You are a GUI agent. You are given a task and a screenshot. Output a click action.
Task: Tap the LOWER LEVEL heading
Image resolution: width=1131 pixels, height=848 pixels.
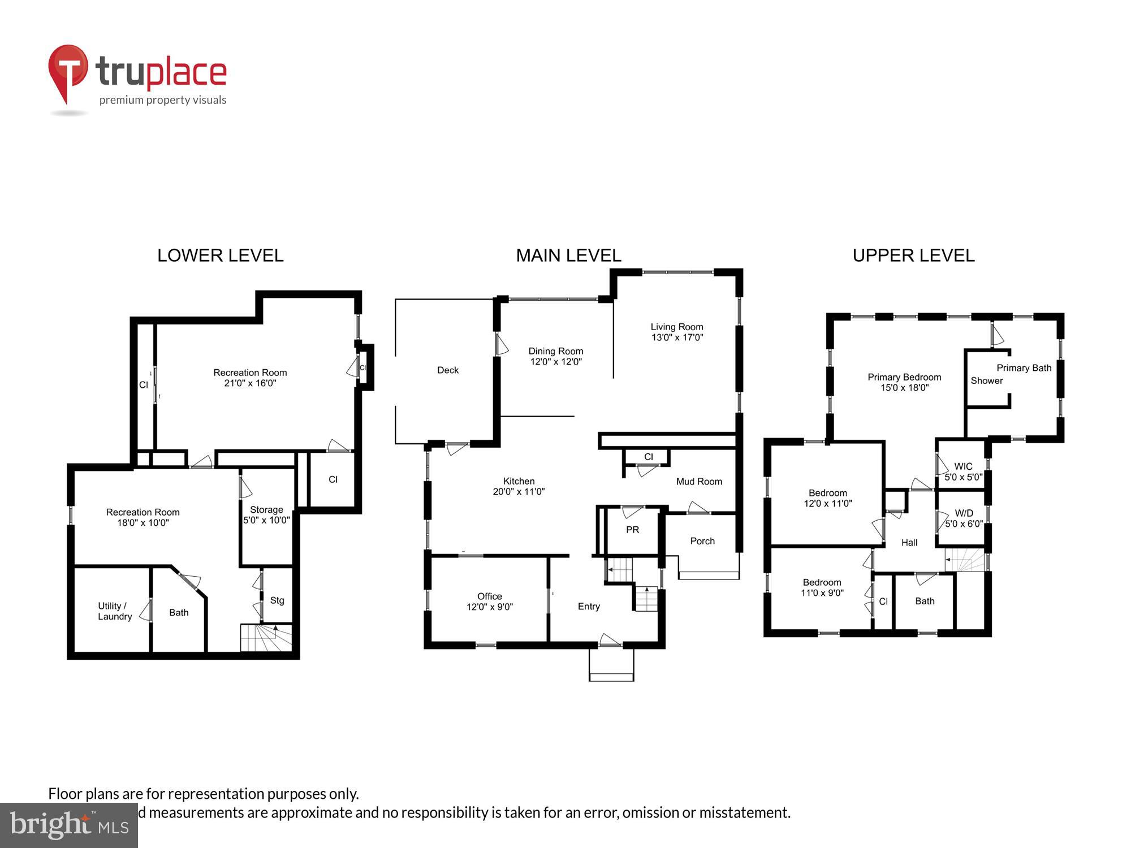(x=220, y=256)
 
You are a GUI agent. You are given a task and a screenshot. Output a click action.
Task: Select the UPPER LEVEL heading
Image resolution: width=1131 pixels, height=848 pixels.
(x=913, y=256)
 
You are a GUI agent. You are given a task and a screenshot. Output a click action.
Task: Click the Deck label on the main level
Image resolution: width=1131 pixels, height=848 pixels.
(x=448, y=370)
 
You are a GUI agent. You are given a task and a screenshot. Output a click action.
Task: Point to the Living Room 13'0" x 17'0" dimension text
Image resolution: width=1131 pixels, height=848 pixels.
(x=677, y=338)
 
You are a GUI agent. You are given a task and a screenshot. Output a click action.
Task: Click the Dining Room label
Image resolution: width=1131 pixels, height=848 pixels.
(x=555, y=351)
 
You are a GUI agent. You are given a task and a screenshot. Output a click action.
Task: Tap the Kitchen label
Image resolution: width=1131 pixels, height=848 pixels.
(x=519, y=481)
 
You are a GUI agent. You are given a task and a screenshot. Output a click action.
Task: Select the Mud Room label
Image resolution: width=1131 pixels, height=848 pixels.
(x=699, y=482)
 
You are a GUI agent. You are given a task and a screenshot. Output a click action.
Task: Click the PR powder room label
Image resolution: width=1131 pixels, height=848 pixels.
(x=632, y=530)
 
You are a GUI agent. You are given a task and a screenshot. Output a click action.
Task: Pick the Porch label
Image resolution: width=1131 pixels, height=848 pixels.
(x=702, y=541)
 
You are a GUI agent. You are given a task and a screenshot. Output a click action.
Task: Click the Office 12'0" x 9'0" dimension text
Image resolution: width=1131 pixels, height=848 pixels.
(x=490, y=607)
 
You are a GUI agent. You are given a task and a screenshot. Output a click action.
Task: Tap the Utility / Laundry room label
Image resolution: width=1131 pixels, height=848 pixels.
(x=115, y=611)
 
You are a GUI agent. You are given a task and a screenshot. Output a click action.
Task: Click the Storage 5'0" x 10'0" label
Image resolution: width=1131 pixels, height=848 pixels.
(x=266, y=514)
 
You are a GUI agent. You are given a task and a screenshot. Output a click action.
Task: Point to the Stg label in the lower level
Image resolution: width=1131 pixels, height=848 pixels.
(x=277, y=600)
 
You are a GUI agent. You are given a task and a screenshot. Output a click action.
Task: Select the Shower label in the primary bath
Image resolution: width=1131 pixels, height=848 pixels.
(x=987, y=380)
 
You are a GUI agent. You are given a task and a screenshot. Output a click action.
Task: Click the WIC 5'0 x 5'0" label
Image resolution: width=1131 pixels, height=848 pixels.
(x=963, y=471)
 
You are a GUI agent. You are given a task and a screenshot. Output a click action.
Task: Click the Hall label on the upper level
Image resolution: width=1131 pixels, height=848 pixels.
(x=909, y=543)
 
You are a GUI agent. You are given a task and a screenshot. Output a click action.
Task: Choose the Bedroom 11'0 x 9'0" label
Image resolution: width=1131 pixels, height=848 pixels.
(x=822, y=587)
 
